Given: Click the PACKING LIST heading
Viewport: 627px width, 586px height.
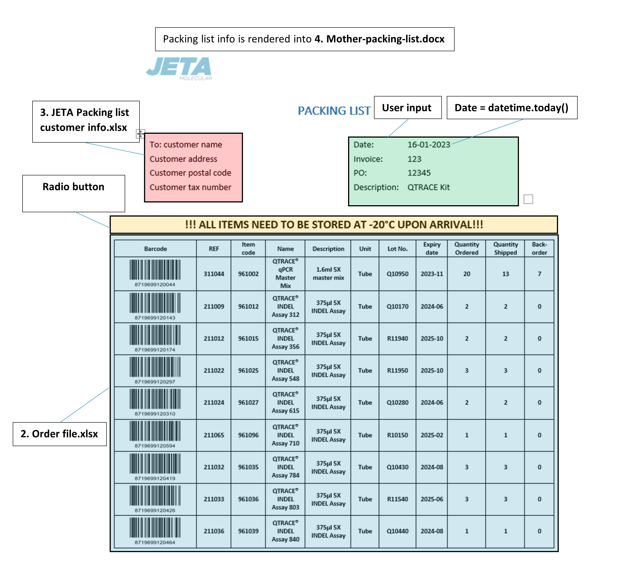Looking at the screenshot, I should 334,111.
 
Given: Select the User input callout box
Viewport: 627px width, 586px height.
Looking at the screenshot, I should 407,108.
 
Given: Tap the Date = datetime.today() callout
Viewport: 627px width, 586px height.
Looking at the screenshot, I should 512,108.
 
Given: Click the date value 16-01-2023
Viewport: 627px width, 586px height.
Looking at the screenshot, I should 429,144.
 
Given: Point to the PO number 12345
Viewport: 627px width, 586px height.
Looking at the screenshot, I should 419,173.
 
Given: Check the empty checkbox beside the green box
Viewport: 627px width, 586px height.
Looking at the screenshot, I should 528,199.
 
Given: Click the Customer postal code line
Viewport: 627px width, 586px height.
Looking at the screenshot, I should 190,173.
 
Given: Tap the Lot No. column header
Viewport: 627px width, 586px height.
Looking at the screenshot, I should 397,249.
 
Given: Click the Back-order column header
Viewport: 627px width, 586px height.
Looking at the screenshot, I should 539,249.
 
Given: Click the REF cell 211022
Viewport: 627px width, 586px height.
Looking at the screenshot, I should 214,371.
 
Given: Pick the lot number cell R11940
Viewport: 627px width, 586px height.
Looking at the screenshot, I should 397,338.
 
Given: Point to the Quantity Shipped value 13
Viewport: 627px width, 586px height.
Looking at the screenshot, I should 505,274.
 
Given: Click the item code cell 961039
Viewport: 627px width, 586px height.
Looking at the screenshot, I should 248,531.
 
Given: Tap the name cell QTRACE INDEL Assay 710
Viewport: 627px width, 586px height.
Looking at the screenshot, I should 286,435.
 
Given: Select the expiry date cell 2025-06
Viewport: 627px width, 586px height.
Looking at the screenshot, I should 432,499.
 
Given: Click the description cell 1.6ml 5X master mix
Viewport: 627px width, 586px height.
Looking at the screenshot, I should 328,274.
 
